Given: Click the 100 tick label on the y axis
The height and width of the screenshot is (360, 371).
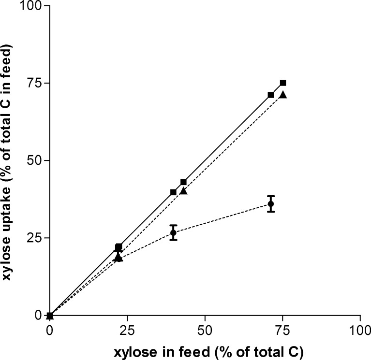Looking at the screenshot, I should point(30,6).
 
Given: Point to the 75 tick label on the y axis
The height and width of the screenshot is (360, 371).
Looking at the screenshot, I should point(33,83).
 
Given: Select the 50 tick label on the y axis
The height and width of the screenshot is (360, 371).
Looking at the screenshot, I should point(33,160).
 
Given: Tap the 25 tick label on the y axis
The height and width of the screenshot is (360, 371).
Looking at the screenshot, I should point(33,238).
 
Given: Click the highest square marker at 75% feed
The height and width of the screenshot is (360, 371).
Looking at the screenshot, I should point(283,83).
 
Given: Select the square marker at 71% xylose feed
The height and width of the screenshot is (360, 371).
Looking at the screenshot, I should point(271,95).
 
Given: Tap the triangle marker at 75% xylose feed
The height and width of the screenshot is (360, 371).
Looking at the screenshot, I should point(283,95).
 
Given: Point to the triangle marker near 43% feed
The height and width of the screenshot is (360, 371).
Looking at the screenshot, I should point(183,190).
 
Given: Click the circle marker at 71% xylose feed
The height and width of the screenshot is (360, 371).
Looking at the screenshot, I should point(271,204).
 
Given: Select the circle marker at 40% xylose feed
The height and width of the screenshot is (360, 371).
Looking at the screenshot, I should point(173,232).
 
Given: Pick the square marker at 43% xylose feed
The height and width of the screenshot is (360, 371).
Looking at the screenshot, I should point(183,182).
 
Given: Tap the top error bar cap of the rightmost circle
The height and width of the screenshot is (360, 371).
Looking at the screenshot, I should point(271,196).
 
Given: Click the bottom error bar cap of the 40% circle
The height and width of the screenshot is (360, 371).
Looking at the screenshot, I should point(173,240).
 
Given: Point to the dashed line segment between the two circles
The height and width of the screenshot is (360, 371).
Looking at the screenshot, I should point(222,218).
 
